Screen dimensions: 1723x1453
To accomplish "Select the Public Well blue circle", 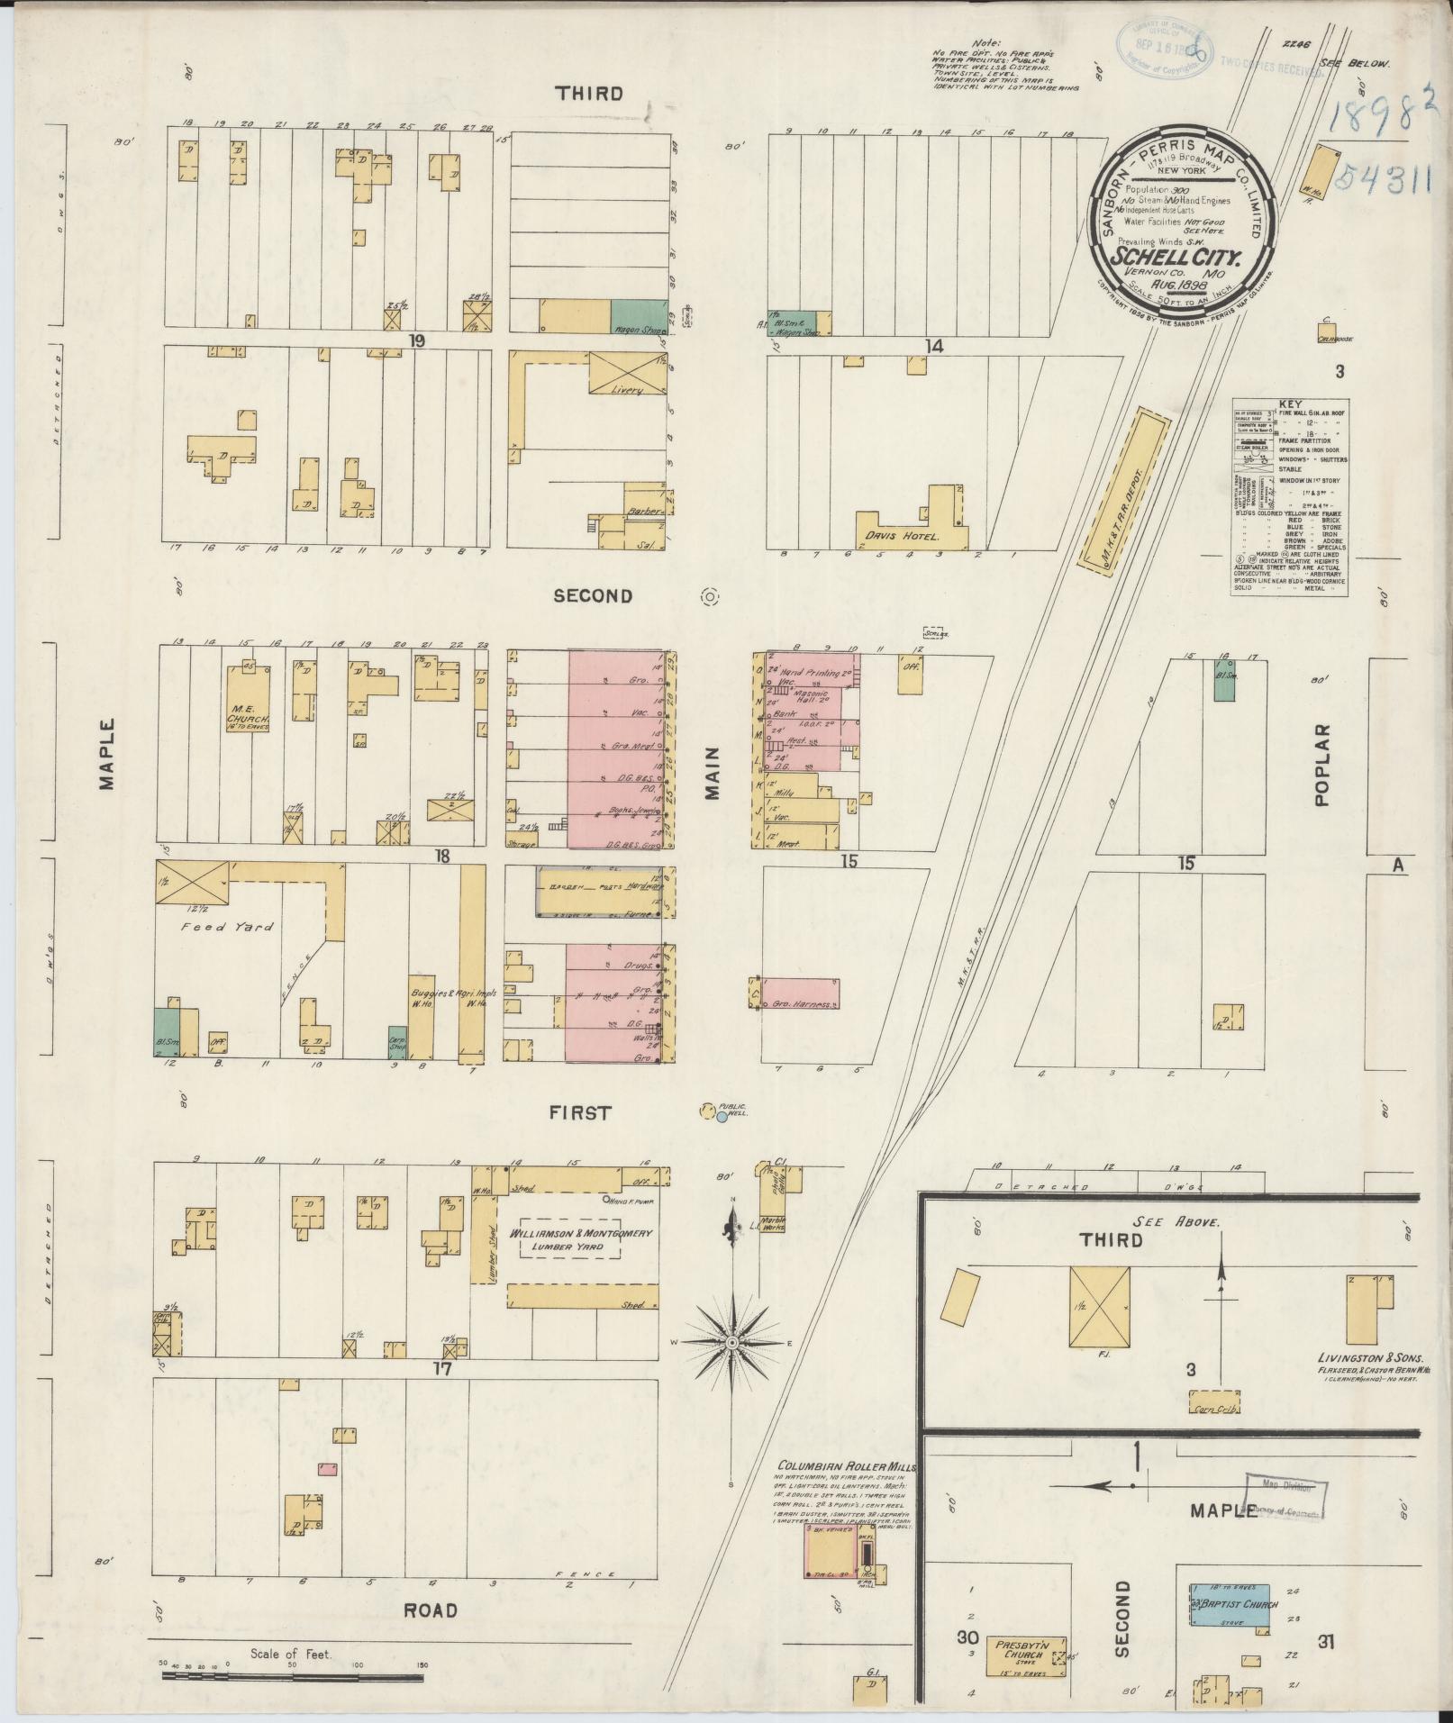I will point(722,1117).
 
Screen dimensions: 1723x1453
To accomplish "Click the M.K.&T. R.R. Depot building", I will point(1122,487).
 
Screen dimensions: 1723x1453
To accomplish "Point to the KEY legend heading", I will point(1289,404).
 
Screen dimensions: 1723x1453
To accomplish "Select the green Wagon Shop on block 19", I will point(639,316).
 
